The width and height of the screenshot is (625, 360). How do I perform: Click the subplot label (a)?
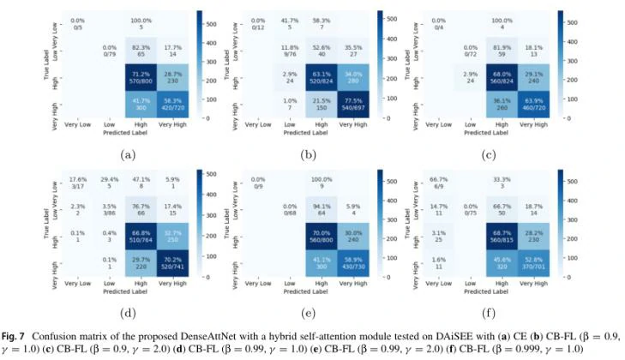[x=128, y=155]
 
